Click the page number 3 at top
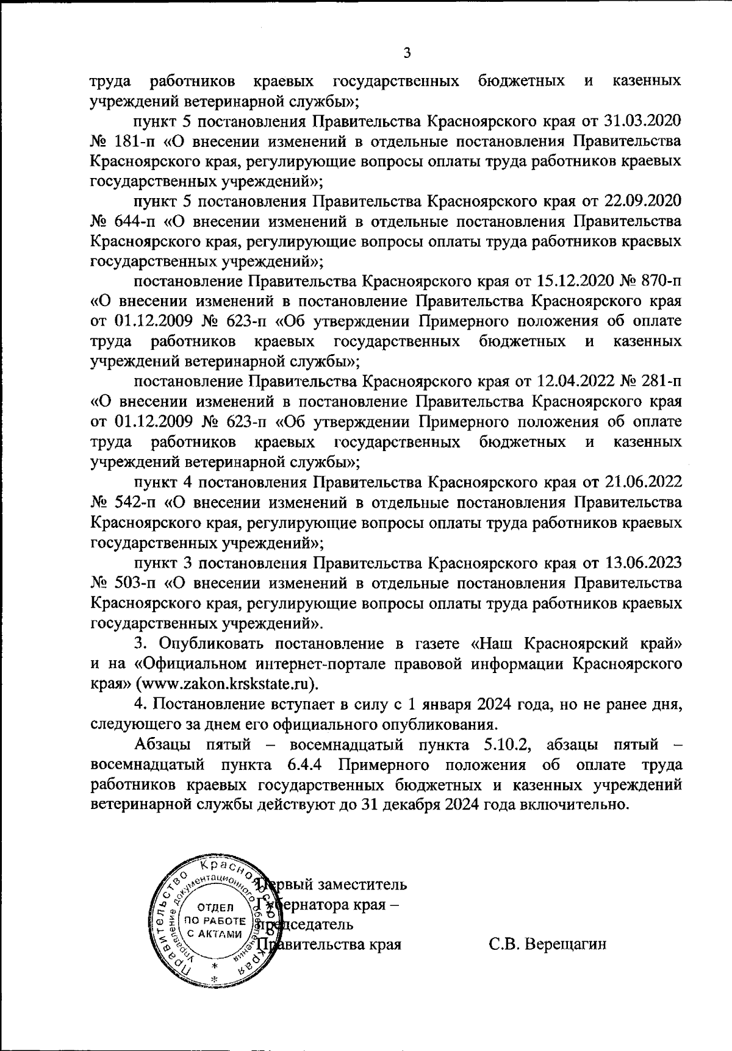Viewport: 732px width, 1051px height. point(407,53)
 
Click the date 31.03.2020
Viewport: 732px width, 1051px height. point(643,121)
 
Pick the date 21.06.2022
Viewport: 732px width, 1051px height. point(643,483)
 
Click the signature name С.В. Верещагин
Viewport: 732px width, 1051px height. point(547,944)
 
